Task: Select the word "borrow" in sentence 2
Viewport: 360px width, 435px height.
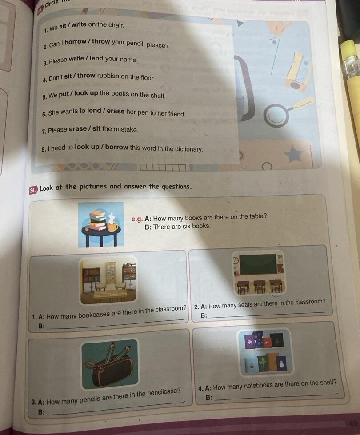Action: point(75,42)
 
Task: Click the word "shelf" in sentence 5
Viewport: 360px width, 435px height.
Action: point(158,95)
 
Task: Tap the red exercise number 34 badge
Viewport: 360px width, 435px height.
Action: point(33,190)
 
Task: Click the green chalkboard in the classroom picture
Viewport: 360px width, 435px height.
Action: point(258,264)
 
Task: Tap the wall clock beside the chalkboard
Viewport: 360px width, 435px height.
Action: point(236,260)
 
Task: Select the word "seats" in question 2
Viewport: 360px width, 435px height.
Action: point(245,304)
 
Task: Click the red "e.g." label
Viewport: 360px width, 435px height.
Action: point(137,219)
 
